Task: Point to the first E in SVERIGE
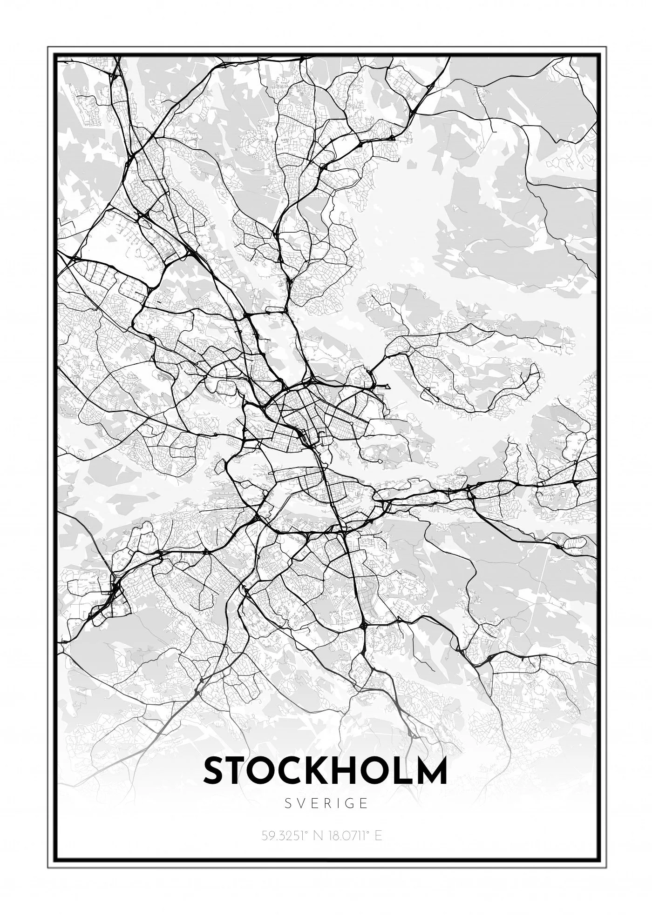point(315,803)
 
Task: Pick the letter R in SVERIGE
point(327,803)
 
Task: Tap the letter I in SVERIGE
point(338,803)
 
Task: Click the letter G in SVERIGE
point(349,803)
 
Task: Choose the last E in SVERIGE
point(364,803)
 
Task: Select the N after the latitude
point(319,835)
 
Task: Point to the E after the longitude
point(378,835)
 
